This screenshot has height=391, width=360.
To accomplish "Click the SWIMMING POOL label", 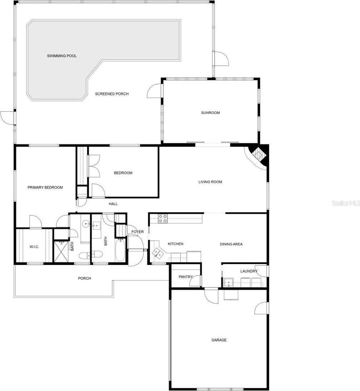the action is coord(62,56).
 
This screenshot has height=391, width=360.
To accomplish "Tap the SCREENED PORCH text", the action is coord(112,94).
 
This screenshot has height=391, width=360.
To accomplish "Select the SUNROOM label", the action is coord(210,113).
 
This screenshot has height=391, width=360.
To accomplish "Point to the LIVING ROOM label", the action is coord(210,182).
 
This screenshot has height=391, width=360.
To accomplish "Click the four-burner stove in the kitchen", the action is coord(162,219).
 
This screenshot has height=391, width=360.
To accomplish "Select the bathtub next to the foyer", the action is coord(120,250).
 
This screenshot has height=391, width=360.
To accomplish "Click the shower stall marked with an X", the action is coord(61,252).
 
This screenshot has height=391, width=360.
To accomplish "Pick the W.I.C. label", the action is coord(34,247).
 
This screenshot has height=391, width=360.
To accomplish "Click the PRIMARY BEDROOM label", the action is coord(45,187).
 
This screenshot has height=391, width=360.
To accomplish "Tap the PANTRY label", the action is coord(185,277).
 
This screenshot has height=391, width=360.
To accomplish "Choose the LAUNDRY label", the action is coord(249,271).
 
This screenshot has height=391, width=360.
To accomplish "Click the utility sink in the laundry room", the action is coord(229,283).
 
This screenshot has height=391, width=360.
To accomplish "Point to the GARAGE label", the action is coord(219,340).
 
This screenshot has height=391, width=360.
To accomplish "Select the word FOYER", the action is coord(137,232).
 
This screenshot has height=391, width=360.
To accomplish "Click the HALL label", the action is coord(113,204).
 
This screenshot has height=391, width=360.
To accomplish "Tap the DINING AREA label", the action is coord(231,244).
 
